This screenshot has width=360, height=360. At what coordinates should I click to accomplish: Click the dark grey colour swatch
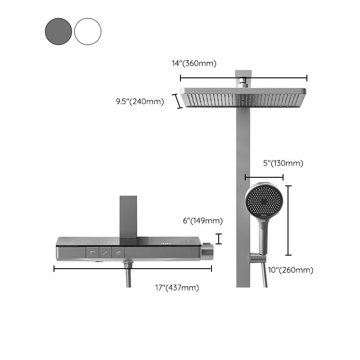(58, 31)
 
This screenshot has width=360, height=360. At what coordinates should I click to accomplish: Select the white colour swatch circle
(88, 31)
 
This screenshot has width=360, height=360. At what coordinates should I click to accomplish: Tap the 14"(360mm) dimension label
(194, 63)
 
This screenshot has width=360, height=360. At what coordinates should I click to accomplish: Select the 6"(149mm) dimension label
(202, 220)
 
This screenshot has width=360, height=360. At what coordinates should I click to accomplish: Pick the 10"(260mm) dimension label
(290, 270)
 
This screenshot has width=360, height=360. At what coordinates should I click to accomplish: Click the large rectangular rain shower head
(244, 97)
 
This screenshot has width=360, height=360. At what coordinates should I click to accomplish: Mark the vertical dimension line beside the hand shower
(288, 220)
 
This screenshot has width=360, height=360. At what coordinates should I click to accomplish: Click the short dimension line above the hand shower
(264, 177)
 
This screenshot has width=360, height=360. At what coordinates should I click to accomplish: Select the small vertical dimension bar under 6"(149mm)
(219, 238)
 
